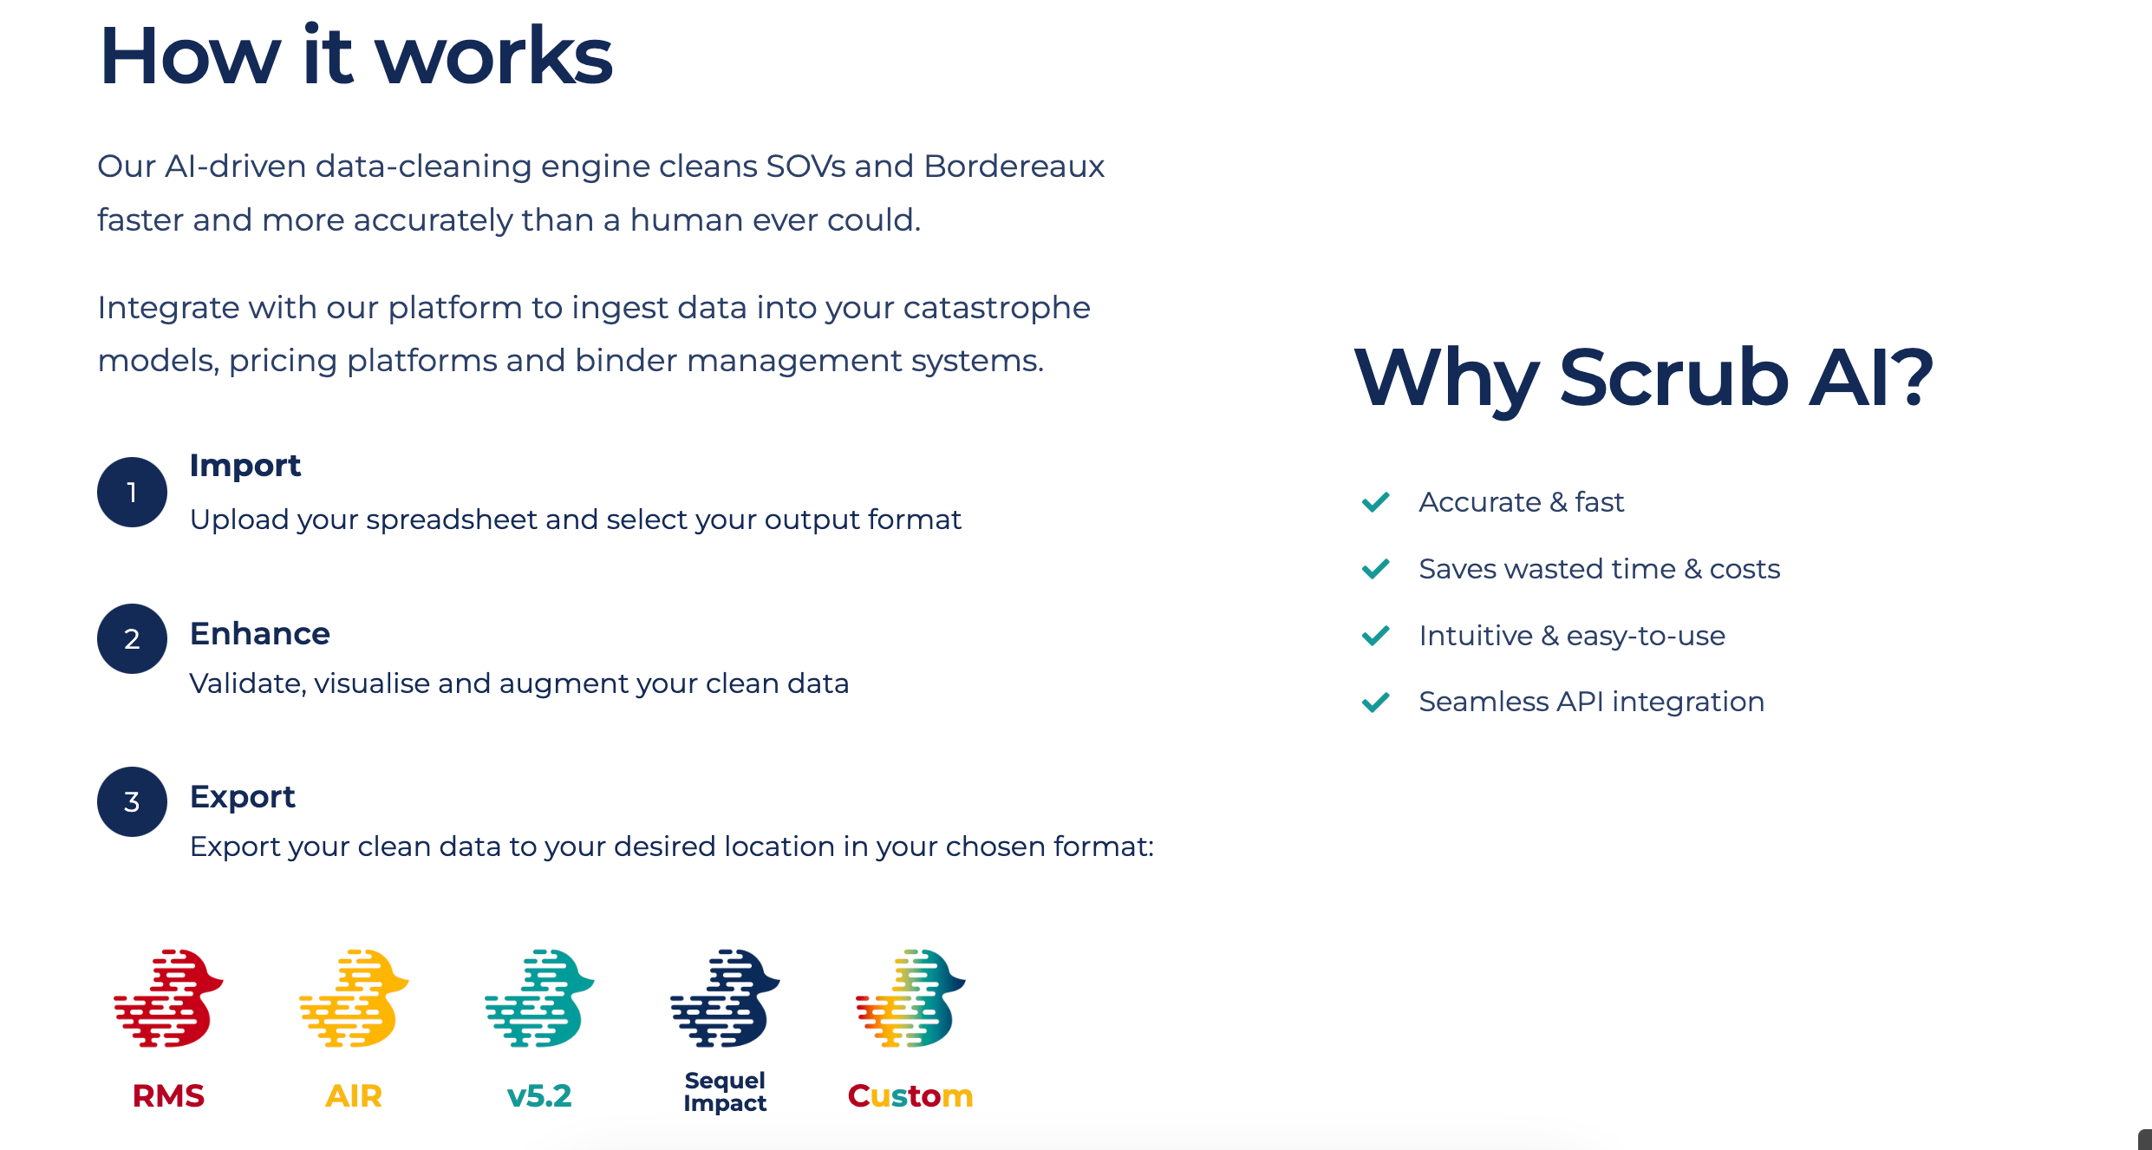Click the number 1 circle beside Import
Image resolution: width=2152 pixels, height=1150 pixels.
tap(132, 492)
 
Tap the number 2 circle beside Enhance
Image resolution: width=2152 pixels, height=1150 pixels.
tap(132, 638)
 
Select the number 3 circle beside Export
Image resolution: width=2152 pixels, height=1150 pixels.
tap(132, 801)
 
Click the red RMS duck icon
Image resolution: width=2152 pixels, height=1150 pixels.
tap(168, 998)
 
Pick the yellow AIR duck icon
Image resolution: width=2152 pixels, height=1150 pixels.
tap(354, 998)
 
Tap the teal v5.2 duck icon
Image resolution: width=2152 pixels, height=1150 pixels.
tap(539, 998)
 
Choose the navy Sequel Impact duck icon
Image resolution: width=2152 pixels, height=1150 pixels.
tap(725, 998)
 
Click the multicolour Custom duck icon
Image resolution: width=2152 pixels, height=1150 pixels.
tap(910, 998)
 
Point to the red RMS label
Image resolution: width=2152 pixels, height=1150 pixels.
tap(168, 1096)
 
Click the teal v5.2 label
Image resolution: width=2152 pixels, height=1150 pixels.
tap(539, 1096)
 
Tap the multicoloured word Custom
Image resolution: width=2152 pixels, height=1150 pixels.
tap(910, 1096)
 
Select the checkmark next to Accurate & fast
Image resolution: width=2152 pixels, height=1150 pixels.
tap(1376, 502)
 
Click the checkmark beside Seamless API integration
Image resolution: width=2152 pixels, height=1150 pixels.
tap(1376, 702)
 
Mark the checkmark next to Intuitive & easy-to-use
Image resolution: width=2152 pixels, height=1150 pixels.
tap(1376, 636)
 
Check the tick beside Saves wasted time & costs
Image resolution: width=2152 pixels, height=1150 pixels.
tap(1376, 569)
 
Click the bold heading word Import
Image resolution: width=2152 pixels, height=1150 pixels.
tap(245, 467)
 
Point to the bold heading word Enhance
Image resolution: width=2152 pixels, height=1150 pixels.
tap(260, 634)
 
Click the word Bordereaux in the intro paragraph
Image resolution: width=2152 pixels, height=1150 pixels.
tap(1014, 166)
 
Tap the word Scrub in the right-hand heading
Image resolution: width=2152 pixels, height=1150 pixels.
tap(1674, 377)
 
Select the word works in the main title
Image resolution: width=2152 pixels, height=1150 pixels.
tap(493, 56)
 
